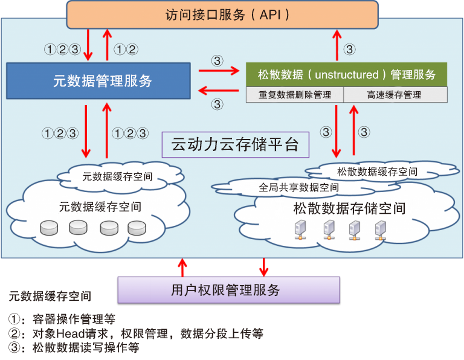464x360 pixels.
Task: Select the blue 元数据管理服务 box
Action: tap(102, 80)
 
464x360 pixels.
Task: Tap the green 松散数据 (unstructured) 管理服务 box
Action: tap(347, 75)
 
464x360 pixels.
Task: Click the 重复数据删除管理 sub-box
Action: tap(295, 95)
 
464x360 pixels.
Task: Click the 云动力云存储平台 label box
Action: tap(235, 145)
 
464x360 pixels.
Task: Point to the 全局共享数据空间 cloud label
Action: tap(298, 187)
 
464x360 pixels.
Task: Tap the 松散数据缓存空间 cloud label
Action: tap(377, 171)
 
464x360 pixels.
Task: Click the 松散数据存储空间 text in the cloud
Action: tap(349, 208)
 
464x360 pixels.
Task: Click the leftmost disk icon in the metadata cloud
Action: tap(49, 228)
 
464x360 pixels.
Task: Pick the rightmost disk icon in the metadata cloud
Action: tap(137, 228)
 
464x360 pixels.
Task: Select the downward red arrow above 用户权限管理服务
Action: tap(264, 266)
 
